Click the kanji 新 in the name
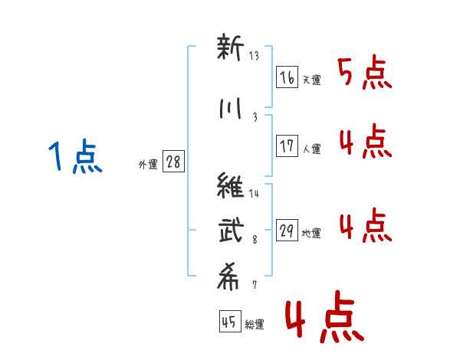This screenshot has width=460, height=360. point(230,47)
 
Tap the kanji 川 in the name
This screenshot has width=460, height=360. point(230,109)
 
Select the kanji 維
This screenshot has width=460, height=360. point(230,185)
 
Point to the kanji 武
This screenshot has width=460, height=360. point(232,230)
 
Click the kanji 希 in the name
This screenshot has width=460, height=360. point(228,277)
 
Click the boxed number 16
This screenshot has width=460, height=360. point(287,77)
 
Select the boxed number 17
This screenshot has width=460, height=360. point(287,146)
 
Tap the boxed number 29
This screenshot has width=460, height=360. point(287,230)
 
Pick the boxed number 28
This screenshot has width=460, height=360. point(173,162)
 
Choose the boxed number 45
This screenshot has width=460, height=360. point(230,321)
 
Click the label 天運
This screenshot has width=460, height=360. point(312,80)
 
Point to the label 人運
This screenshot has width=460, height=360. point(312,149)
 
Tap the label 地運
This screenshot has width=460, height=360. point(311,233)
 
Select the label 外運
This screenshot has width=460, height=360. point(148,165)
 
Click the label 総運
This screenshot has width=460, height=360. point(255,324)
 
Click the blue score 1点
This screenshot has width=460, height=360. point(75,156)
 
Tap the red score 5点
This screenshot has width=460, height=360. point(365,72)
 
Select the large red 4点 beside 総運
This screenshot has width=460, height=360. point(325,317)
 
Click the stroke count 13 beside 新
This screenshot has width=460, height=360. point(254,55)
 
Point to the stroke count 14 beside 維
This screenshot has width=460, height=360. point(254,193)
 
